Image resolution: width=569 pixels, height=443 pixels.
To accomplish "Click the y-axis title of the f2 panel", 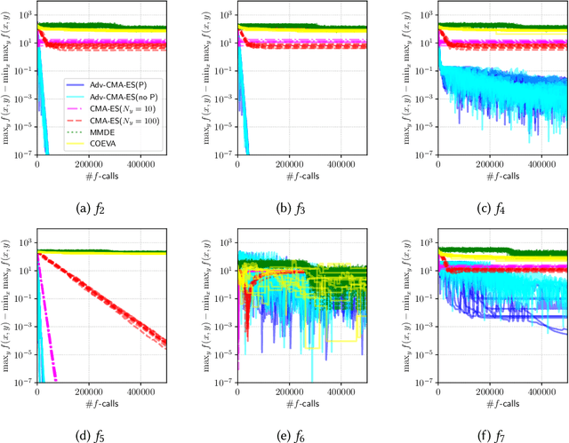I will point(7,84).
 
